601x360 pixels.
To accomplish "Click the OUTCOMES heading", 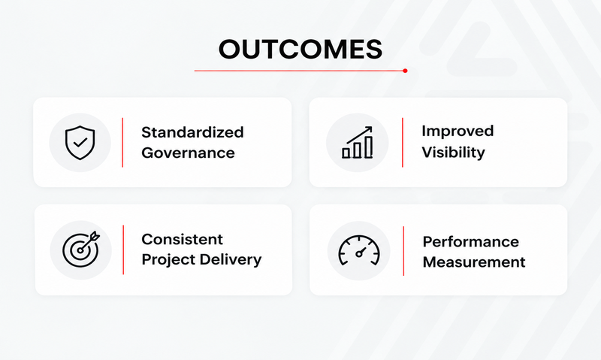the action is point(300,49).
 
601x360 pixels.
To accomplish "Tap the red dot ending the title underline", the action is point(405,71).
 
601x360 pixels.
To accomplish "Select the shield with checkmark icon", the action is point(80,143).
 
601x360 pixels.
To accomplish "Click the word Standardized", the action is point(192,132).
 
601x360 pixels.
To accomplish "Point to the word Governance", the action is point(188,153).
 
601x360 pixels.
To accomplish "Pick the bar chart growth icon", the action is point(358,142).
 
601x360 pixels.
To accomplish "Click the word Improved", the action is point(458,132).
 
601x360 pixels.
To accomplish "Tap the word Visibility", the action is point(454,153).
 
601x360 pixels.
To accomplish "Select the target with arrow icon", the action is point(81,250).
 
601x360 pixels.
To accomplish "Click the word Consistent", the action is point(182,239).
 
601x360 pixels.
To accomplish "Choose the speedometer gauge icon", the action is point(359,250).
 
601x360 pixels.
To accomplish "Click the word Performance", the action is point(471,242).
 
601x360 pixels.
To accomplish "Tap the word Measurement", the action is point(474,262).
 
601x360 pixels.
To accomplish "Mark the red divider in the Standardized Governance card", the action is point(122,143).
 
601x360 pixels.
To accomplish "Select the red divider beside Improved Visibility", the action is point(403,143).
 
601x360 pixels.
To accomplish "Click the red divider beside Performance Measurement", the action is point(403,251).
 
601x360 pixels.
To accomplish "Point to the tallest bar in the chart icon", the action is point(369,147).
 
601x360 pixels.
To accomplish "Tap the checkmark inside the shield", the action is point(80,143).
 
